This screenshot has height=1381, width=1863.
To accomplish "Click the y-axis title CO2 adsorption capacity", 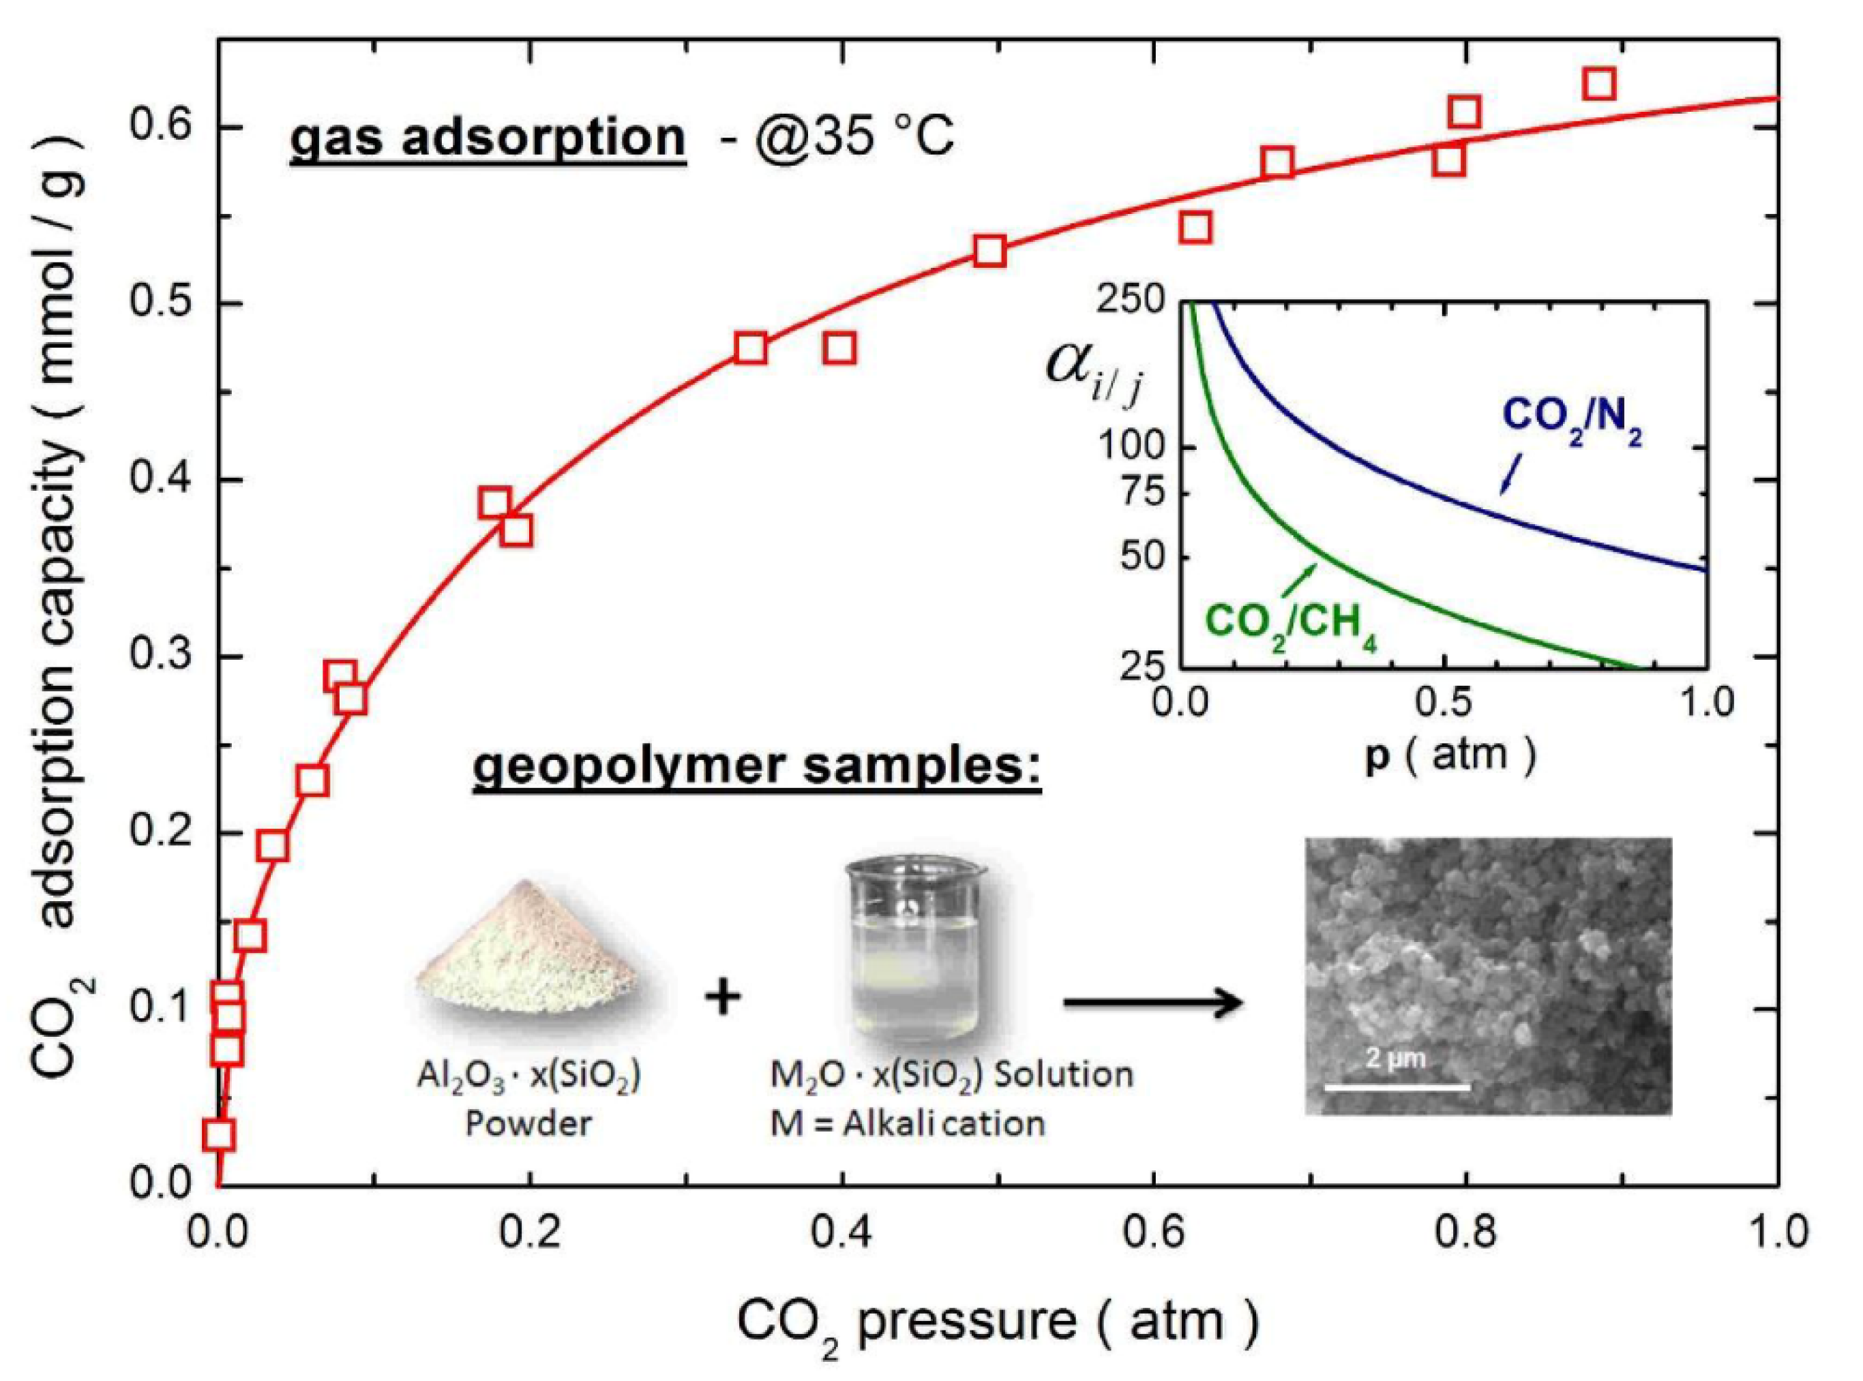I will (63, 602).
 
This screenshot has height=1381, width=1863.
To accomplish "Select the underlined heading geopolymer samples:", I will (757, 765).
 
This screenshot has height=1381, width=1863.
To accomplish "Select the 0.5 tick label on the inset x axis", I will (1444, 702).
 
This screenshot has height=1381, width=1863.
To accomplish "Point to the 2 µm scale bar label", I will (1395, 1060).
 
